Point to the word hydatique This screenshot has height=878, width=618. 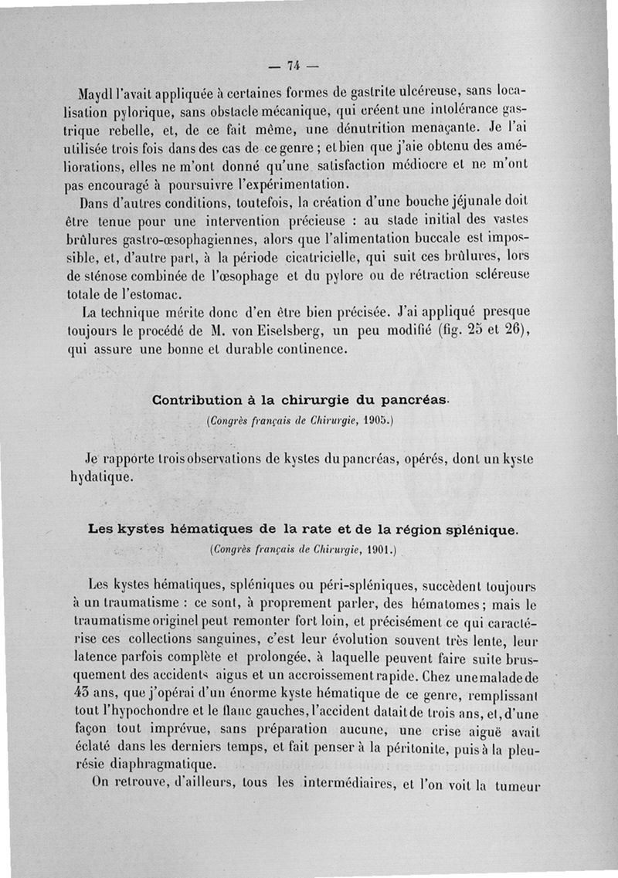(98, 476)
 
